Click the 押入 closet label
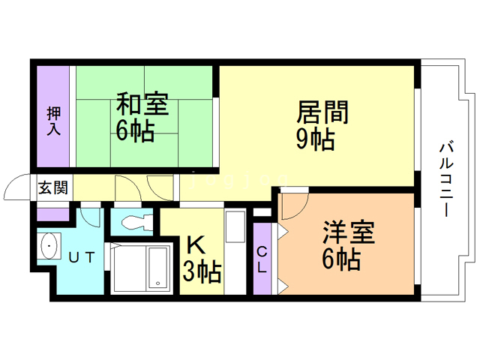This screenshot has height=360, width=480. pyautogui.click(x=53, y=121)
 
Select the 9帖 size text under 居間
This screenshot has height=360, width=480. pyautogui.click(x=314, y=139)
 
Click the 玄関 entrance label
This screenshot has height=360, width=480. pyautogui.click(x=52, y=187)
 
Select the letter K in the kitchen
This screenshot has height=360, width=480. pyautogui.click(x=195, y=245)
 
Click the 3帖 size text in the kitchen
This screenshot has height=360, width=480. pyautogui.click(x=202, y=272)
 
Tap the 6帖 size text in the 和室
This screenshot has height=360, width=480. pyautogui.click(x=135, y=130)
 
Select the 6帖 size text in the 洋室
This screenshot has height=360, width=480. pyautogui.click(x=340, y=259)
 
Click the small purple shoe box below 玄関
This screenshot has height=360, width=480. pyautogui.click(x=52, y=213)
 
